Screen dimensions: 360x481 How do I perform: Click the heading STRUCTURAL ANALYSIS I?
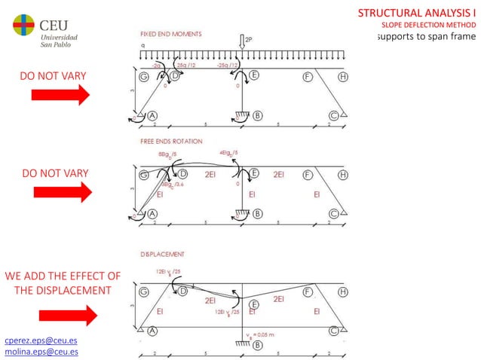click(x=417, y=14)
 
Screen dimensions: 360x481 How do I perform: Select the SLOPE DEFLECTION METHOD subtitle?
click(x=430, y=26)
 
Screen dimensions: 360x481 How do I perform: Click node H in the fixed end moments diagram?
click(x=343, y=76)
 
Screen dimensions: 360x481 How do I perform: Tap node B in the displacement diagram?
click(x=258, y=345)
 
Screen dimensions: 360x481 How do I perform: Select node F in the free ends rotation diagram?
click(x=306, y=174)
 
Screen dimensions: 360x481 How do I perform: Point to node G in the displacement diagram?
click(x=144, y=290)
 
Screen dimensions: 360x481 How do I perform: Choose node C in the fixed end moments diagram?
click(x=332, y=115)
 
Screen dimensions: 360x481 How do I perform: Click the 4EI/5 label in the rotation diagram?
click(x=230, y=154)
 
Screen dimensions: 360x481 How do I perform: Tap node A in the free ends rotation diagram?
click(x=152, y=213)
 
